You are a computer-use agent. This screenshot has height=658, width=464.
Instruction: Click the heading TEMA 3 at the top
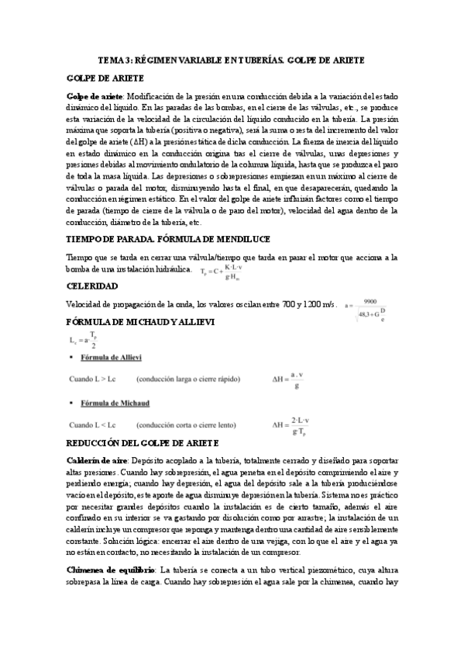point(232,60)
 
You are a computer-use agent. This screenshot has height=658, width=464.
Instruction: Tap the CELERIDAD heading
point(92,286)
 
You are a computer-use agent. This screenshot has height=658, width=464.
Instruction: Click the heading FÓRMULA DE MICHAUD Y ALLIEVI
point(140,321)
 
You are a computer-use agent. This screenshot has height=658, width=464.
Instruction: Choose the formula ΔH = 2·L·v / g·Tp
point(291,425)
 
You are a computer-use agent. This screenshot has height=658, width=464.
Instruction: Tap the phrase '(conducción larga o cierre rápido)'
point(187,380)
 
